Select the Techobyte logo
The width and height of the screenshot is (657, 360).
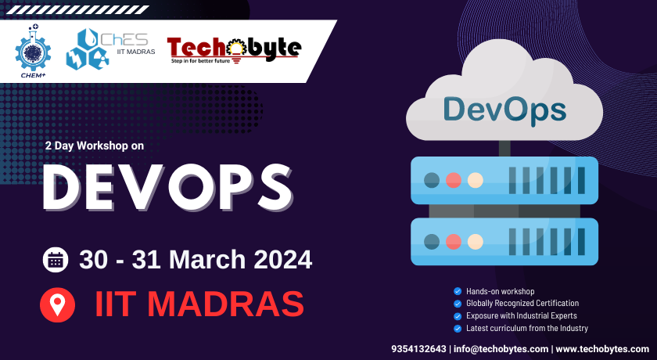click(x=233, y=49)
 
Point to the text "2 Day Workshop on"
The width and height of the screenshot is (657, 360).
click(x=95, y=146)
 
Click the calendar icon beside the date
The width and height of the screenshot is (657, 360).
click(x=56, y=260)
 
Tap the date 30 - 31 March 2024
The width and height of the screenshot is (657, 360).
click(x=196, y=259)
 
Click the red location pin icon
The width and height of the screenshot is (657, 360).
click(x=57, y=304)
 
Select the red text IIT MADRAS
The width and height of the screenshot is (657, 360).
click(x=199, y=304)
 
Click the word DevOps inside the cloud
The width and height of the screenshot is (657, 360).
click(x=504, y=109)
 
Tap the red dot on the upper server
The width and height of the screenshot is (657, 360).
click(x=453, y=180)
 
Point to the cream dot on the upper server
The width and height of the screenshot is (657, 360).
click(x=475, y=180)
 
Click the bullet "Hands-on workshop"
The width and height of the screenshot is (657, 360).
click(x=500, y=291)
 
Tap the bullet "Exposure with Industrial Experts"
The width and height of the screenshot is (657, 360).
click(x=521, y=315)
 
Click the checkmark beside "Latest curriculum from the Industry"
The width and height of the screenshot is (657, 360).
click(x=458, y=329)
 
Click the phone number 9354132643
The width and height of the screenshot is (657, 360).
click(x=418, y=348)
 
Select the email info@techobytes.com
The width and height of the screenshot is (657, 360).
click(x=501, y=348)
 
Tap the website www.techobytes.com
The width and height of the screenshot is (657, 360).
click(x=602, y=348)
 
